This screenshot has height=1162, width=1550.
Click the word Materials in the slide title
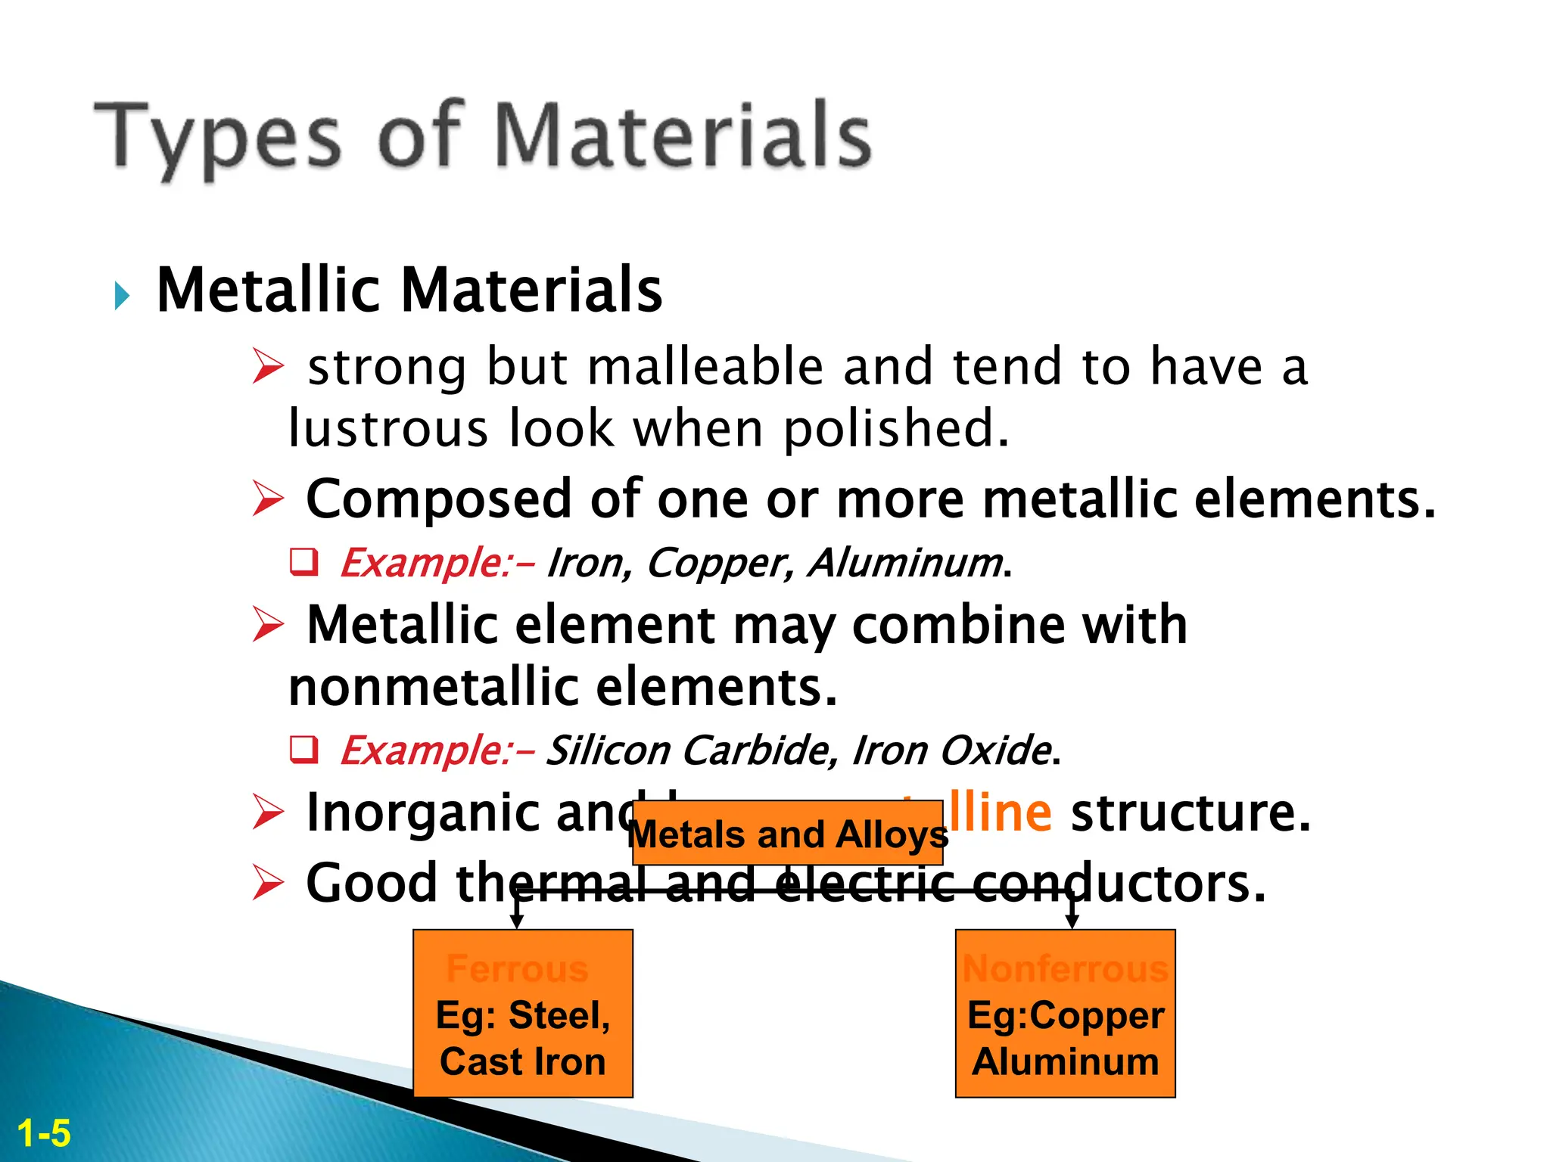[x=683, y=136]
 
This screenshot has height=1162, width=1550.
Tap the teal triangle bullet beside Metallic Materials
[x=122, y=295]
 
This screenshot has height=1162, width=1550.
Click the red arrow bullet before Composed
[x=268, y=499]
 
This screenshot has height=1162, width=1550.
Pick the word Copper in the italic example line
[x=720, y=563]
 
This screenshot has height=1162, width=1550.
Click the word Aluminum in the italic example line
[x=905, y=563]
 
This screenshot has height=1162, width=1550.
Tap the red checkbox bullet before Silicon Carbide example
[x=304, y=749]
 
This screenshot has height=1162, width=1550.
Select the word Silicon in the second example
[x=608, y=750]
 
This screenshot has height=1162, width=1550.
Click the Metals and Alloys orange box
[x=787, y=834]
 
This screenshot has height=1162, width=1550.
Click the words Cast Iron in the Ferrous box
[x=523, y=1061]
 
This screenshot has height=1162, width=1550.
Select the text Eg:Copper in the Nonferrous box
[x=1066, y=1015]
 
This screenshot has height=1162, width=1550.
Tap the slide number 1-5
[x=44, y=1134]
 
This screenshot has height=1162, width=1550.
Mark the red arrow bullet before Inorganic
[x=268, y=812]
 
